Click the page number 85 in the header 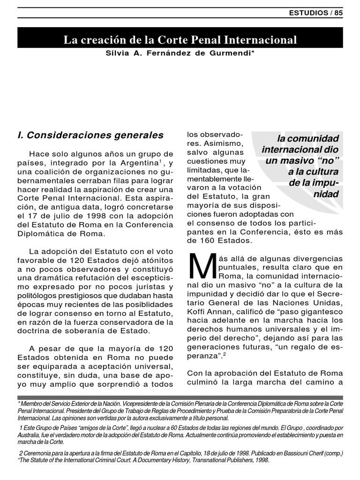tap(338, 13)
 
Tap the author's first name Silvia tap(118, 54)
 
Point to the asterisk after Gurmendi tap(253, 53)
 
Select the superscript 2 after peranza tap(224, 354)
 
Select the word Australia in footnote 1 tap(30, 435)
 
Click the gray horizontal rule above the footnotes tap(180, 397)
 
